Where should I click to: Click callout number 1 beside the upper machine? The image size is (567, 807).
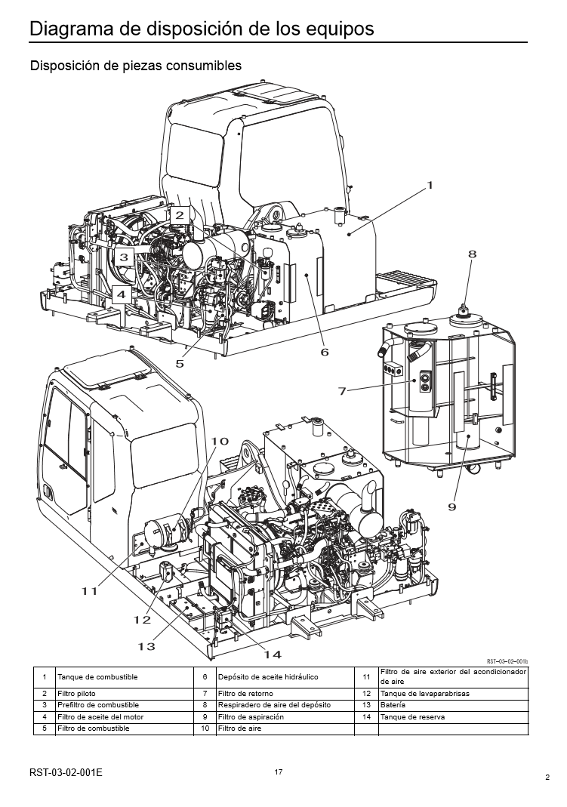430,184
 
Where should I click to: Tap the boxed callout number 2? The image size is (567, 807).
179,214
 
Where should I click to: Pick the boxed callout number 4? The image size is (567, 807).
119,294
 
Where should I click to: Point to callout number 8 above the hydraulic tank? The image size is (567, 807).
472,254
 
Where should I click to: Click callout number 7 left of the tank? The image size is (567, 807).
342,390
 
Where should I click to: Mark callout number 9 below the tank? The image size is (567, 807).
452,507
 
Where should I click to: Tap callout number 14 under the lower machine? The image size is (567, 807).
273,654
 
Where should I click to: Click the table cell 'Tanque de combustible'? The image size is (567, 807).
97,677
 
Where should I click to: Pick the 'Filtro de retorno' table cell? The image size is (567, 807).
245,693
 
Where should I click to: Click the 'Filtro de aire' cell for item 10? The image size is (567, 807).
234,728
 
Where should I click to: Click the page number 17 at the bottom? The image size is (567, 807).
279,772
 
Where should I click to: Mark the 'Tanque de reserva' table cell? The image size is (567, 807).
413,716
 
